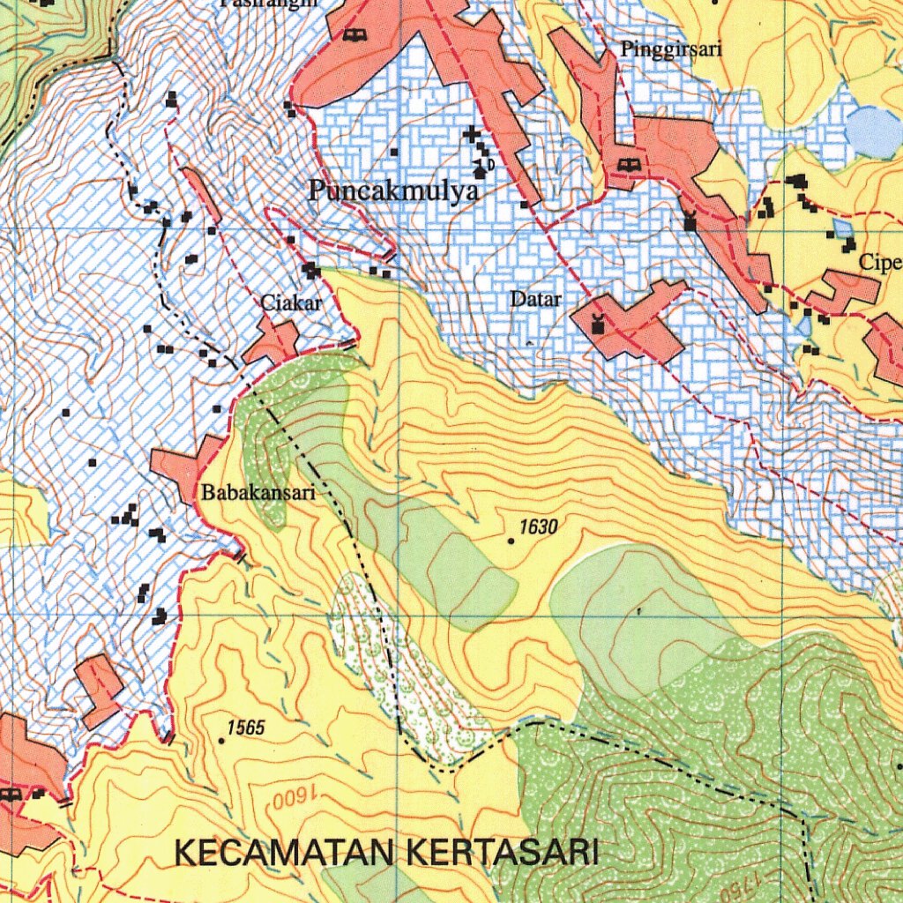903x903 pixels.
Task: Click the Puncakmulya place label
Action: click(393, 191)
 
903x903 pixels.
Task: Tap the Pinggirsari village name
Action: click(671, 49)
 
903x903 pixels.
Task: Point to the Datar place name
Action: click(536, 299)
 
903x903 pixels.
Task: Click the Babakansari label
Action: click(258, 493)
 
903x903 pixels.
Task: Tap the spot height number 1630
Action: click(539, 527)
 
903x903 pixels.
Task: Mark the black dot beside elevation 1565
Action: click(221, 741)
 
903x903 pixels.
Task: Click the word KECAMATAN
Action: click(287, 854)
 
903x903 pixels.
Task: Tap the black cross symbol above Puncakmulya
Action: click(473, 135)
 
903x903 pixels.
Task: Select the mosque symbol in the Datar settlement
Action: click(599, 323)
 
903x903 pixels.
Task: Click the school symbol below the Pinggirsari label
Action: click(628, 166)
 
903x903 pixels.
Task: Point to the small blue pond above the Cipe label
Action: click(843, 228)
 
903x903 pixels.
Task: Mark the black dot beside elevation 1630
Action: click(511, 541)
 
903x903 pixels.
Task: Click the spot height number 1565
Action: click(246, 728)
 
